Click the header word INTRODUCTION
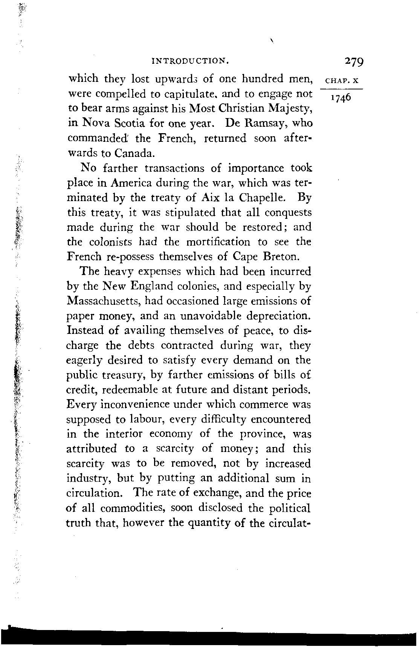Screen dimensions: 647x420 190,60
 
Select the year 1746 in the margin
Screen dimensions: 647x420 340,98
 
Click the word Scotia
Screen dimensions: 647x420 124,124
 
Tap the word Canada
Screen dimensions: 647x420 134,154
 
